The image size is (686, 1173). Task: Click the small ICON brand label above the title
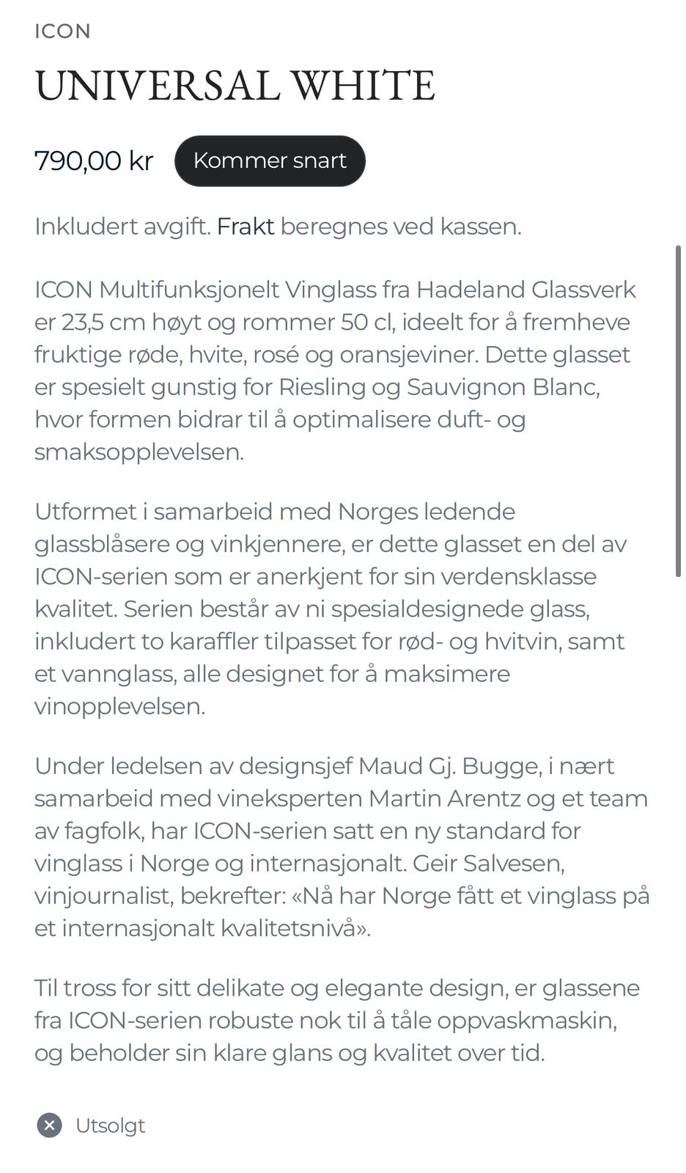(x=62, y=32)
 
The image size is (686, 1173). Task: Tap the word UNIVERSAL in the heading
(x=157, y=85)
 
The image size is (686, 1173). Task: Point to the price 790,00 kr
(x=94, y=161)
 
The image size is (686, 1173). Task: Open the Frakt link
(x=246, y=227)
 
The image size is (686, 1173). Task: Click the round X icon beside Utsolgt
(x=49, y=1125)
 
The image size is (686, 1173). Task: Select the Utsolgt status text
(x=111, y=1125)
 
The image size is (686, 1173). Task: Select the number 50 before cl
(x=355, y=322)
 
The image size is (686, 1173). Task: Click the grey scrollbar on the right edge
(x=678, y=411)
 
